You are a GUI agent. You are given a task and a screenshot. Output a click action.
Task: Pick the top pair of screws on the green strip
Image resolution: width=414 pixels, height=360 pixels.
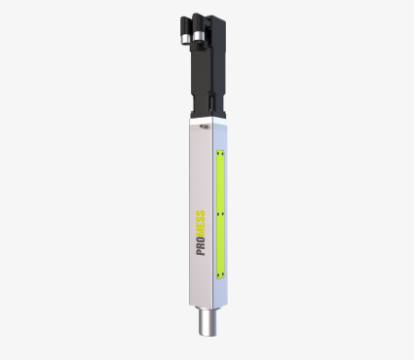tap(221, 152)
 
